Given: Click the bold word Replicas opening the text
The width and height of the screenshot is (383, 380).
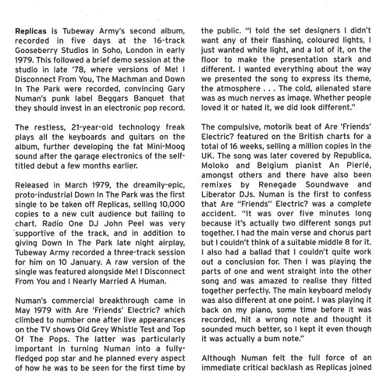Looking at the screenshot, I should tap(32, 30).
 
